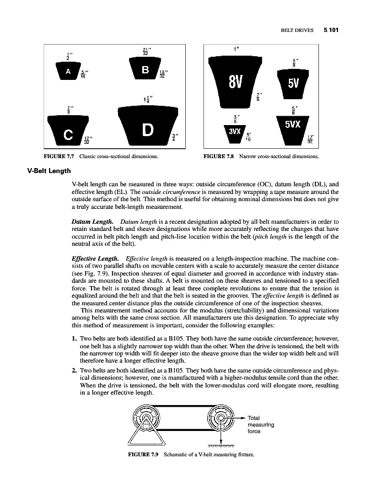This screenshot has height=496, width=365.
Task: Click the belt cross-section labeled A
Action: click(x=68, y=72)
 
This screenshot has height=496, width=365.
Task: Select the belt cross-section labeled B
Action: click(x=145, y=70)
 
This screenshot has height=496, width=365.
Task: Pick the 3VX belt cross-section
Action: click(x=235, y=132)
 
